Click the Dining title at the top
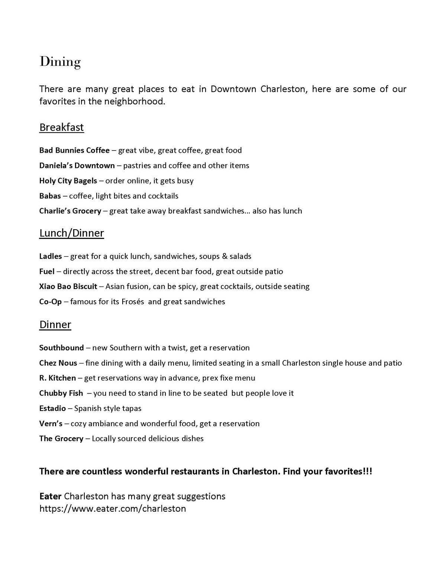[x=60, y=62]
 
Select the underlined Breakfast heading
[x=62, y=127]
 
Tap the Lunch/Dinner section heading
[x=72, y=233]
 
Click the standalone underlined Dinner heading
[x=55, y=325]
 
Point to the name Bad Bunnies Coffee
[x=74, y=150]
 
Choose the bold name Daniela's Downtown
[x=77, y=166]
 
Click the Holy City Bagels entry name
[x=68, y=181]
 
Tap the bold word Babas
[x=50, y=196]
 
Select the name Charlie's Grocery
[x=70, y=211]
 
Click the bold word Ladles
[x=51, y=256]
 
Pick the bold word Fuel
[x=47, y=272]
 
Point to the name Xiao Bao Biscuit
[x=68, y=286]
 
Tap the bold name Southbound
[x=61, y=348]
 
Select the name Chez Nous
[x=58, y=363]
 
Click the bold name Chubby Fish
[x=61, y=393]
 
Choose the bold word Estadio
[x=52, y=409]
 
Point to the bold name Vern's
[x=51, y=424]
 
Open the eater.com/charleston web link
[x=113, y=509]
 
